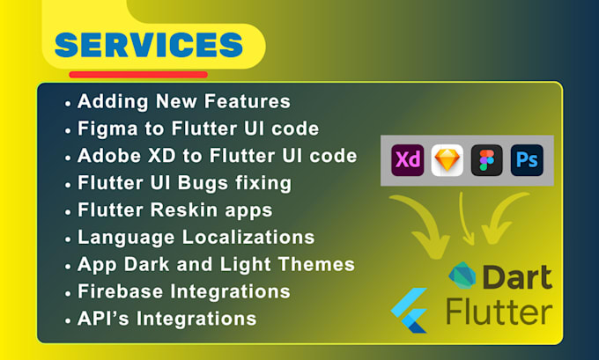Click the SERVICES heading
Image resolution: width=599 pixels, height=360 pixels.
click(148, 45)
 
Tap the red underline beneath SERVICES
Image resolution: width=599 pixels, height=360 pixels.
click(138, 75)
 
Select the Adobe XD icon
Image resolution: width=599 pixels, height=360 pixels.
click(408, 160)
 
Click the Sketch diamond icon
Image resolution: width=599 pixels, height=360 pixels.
click(447, 160)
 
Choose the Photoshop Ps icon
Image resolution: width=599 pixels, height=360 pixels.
click(528, 160)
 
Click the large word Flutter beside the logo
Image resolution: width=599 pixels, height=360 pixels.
click(499, 311)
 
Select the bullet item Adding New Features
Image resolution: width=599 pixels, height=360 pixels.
click(184, 102)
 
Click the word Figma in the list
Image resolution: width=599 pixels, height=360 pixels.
click(102, 129)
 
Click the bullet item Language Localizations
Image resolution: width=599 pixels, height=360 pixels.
click(196, 238)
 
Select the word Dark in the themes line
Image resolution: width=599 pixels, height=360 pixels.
click(140, 264)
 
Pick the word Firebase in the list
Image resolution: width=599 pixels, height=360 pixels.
click(115, 291)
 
